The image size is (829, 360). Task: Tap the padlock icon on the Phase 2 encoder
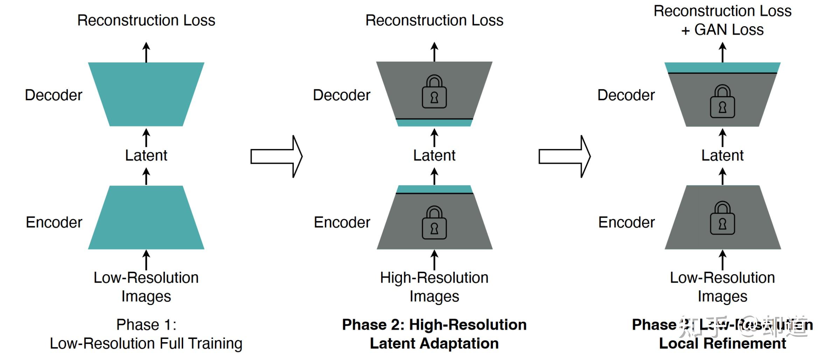click(434, 223)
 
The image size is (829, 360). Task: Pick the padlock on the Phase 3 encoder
click(722, 219)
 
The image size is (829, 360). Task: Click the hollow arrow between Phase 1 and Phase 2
click(277, 157)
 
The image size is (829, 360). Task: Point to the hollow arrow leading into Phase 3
click(564, 157)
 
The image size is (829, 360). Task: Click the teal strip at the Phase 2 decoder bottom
click(434, 123)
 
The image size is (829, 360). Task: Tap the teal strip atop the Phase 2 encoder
click(434, 189)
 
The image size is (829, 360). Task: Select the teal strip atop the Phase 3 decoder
click(722, 67)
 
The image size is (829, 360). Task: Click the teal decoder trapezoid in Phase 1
click(146, 94)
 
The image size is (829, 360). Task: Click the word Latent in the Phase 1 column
click(146, 155)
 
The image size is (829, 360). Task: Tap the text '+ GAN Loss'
click(722, 30)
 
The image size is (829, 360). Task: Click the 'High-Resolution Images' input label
click(434, 287)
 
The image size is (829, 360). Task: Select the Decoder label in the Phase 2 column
click(341, 95)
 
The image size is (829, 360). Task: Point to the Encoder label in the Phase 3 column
click(626, 222)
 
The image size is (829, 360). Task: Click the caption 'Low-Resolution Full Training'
click(146, 344)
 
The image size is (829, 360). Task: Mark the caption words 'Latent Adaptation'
click(434, 344)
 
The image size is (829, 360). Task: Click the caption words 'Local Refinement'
click(722, 344)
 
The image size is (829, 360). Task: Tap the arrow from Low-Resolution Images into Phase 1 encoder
click(146, 260)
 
